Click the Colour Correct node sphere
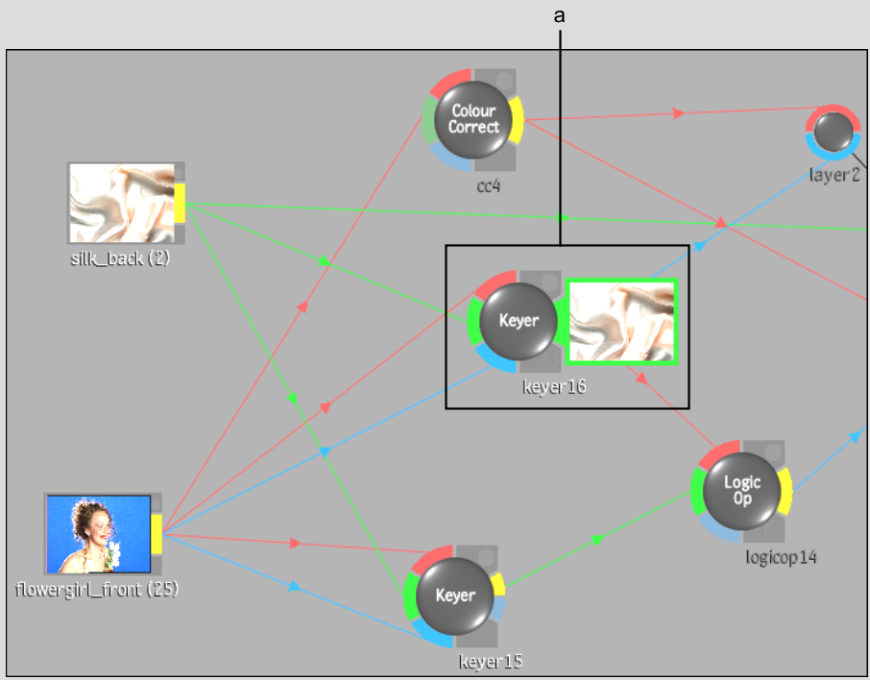pos(472,119)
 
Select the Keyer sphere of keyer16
pos(519,321)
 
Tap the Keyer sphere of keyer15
pos(454,595)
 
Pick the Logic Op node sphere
pos(741,491)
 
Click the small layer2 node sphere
pos(834,133)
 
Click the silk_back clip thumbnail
pos(122,204)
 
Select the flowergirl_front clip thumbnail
pos(98,534)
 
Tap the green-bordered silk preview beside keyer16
pos(622,322)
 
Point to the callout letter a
pos(559,16)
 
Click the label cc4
pos(488,186)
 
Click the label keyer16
pos(554,386)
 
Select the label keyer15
pos(491,661)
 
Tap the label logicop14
pos(782,557)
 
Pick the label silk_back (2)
pos(120,258)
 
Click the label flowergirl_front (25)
pos(97,589)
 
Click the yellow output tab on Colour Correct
pos(517,120)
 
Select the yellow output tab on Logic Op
pos(785,491)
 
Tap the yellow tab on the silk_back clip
pos(180,204)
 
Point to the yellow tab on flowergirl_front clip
pos(157,534)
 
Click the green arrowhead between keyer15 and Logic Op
pos(597,540)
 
